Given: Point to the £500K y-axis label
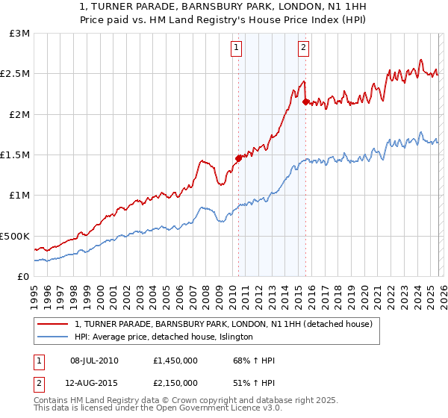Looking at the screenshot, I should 16,236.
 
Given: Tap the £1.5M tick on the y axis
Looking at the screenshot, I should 16,155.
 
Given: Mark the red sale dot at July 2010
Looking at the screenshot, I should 238,158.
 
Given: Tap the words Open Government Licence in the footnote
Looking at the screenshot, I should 223,409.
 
